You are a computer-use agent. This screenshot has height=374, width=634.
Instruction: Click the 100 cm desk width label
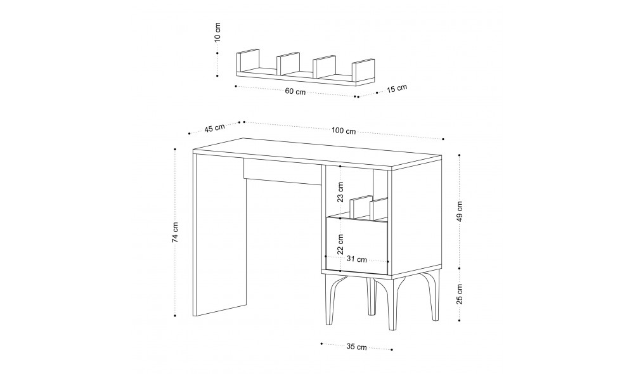coord(343,131)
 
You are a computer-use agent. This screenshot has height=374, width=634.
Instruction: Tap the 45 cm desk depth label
coord(214,128)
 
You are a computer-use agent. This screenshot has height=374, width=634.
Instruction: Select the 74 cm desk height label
coord(175,233)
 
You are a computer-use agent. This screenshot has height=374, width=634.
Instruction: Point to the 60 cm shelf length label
coord(295,91)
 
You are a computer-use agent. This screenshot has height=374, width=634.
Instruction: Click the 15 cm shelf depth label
coord(397,89)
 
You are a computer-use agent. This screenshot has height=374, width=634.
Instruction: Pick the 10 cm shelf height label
coord(217,32)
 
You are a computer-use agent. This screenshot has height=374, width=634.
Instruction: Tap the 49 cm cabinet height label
coord(459,212)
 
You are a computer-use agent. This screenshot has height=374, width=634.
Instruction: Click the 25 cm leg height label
coord(459,294)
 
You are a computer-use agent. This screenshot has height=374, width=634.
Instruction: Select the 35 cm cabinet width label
coord(356,347)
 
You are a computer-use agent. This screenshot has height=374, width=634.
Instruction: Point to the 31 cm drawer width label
coord(356,259)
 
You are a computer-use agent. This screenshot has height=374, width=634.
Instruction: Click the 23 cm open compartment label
coord(340,192)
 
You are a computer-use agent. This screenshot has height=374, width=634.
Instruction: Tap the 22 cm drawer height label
coord(340,244)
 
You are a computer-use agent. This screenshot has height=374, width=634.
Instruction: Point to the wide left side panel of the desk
coord(220,235)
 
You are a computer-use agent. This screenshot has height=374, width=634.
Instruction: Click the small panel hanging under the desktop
coord(283,171)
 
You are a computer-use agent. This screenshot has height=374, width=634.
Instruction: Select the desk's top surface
coord(318,152)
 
